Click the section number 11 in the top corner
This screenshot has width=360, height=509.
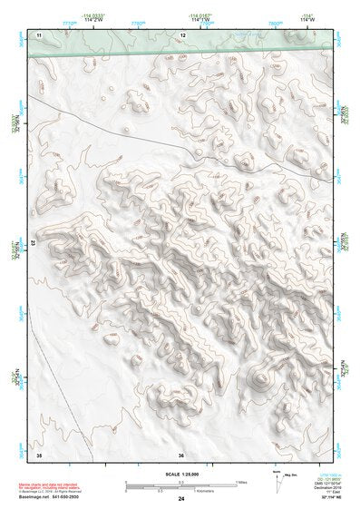[x=39, y=34]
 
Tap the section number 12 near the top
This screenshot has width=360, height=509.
[x=183, y=34]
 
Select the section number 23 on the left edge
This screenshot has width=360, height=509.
[x=34, y=243]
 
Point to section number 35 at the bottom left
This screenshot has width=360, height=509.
[x=39, y=454]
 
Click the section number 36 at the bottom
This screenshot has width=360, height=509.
[x=181, y=454]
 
